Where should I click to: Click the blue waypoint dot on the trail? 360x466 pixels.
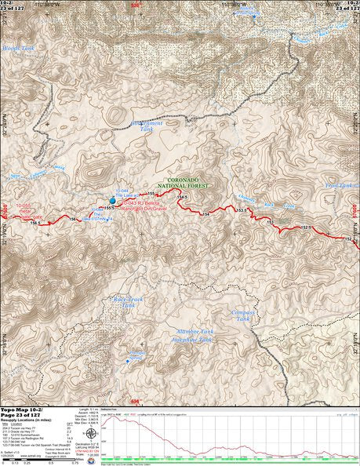point(112,201)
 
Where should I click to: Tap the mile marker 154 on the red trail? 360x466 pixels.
point(206,213)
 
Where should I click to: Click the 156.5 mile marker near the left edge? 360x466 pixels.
point(35,224)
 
